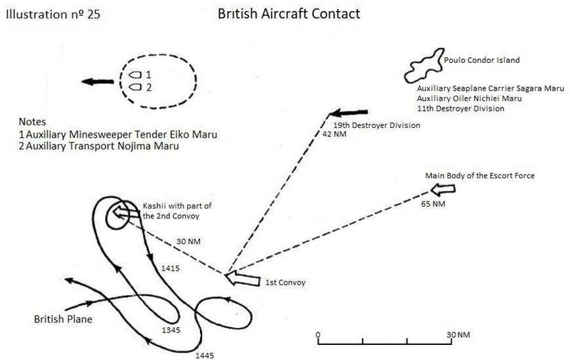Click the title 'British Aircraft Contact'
289,13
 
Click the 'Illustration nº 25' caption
53,13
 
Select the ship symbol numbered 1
136,75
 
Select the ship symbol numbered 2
136,87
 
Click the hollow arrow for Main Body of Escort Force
443,190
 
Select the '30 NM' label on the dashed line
189,241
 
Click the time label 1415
171,268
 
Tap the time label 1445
204,355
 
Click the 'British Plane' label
63,319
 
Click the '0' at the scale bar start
318,334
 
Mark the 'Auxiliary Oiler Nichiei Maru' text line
469,98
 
